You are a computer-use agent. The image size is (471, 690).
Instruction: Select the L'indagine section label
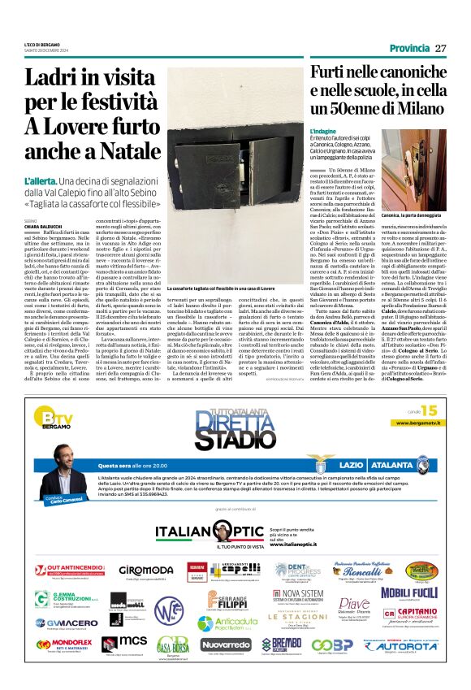tap(322, 131)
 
